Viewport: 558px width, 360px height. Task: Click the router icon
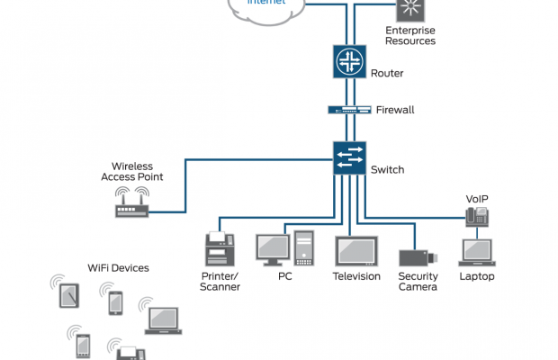click(x=346, y=61)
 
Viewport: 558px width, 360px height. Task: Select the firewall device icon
click(x=349, y=110)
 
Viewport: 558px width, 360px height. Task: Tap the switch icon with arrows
click(x=348, y=158)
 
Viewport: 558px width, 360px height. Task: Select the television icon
click(x=355, y=249)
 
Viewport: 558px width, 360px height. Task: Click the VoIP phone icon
click(x=476, y=216)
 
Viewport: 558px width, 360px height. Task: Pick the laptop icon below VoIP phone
click(x=476, y=252)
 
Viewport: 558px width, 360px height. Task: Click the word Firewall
click(x=396, y=110)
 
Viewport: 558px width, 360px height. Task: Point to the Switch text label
click(x=387, y=169)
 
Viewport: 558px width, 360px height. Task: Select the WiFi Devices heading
click(x=118, y=267)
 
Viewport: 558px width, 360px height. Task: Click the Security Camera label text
click(x=418, y=282)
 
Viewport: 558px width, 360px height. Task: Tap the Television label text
click(x=356, y=276)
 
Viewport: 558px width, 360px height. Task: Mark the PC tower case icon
click(x=303, y=248)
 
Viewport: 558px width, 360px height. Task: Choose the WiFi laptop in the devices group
click(x=163, y=317)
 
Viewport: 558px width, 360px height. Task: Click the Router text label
click(x=387, y=73)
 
